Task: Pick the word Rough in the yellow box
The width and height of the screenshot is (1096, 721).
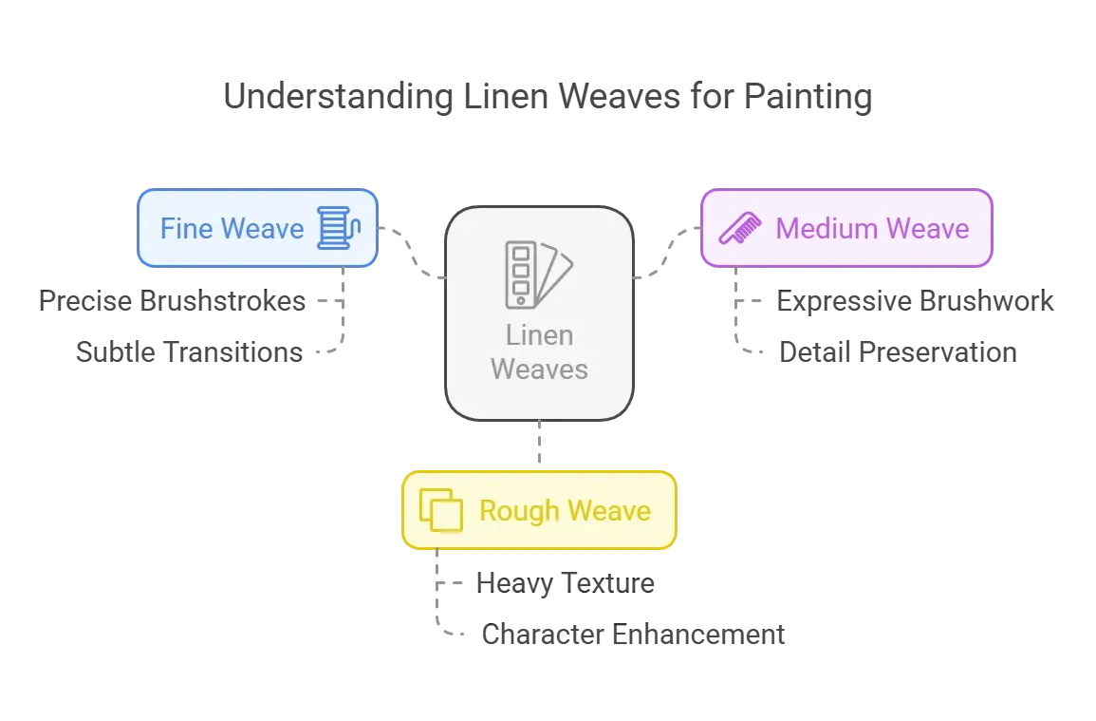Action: [519, 511]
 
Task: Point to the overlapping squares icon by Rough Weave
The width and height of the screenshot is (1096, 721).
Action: [440, 511]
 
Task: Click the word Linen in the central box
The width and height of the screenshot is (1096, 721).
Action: [539, 335]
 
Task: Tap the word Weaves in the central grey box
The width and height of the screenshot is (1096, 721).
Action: [539, 368]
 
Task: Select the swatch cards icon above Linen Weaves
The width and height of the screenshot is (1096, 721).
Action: [538, 275]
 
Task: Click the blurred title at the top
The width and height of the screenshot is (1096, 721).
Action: [546, 98]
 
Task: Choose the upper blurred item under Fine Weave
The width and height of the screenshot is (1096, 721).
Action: [175, 301]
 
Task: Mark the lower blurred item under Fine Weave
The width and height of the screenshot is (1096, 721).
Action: [190, 351]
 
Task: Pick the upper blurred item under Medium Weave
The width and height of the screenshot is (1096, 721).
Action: [914, 300]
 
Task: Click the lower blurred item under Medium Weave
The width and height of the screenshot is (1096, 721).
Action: [895, 351]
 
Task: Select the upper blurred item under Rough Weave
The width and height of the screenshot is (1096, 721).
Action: [565, 582]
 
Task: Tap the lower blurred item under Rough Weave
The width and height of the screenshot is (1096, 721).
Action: [633, 632]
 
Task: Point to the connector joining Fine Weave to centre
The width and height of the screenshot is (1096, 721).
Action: [413, 252]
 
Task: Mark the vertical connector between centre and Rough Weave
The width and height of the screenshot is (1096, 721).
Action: [539, 445]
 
